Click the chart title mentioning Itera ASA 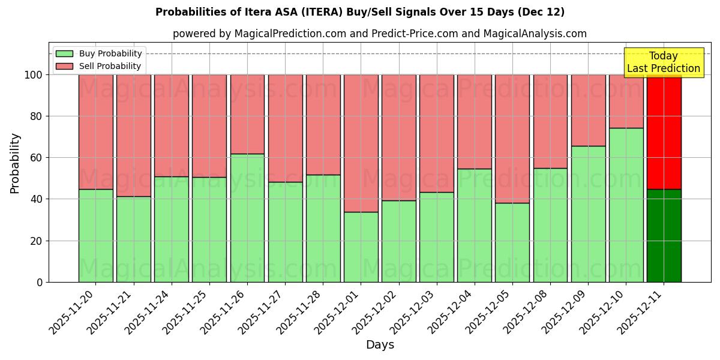359,12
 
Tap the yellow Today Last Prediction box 663,62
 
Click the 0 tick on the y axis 40,282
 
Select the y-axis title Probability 15,163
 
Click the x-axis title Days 380,345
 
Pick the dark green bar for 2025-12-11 664,235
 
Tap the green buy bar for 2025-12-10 626,205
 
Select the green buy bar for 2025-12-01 361,247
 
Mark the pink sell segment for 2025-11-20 95,131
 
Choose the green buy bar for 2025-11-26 247,218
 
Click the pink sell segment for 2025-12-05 512,139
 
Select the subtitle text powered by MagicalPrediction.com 380,34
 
